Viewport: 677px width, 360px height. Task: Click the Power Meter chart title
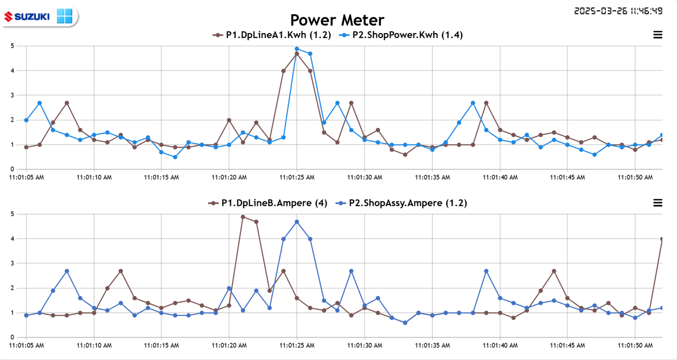[337, 20]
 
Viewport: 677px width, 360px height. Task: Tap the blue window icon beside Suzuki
[65, 16]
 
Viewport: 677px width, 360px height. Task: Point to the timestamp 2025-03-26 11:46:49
[618, 11]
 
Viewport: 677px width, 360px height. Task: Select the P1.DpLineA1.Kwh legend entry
[272, 35]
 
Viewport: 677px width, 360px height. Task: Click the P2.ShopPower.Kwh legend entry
[401, 35]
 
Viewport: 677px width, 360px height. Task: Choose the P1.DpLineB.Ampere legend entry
[268, 203]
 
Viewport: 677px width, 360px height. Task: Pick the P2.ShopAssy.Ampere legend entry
[401, 203]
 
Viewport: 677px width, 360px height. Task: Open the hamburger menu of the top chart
[658, 35]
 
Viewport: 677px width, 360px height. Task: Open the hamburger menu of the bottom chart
[658, 203]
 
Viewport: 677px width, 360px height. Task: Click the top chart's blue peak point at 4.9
[297, 49]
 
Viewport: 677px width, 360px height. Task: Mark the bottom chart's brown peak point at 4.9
[243, 217]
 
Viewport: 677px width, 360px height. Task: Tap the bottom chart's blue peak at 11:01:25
[297, 222]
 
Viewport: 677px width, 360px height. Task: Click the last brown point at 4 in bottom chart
[662, 239]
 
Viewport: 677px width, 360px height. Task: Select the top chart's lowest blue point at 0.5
[175, 157]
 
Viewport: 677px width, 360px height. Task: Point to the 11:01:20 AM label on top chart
[229, 177]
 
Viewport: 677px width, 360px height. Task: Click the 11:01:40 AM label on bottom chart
[499, 346]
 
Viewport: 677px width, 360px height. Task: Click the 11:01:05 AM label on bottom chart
[26, 346]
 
